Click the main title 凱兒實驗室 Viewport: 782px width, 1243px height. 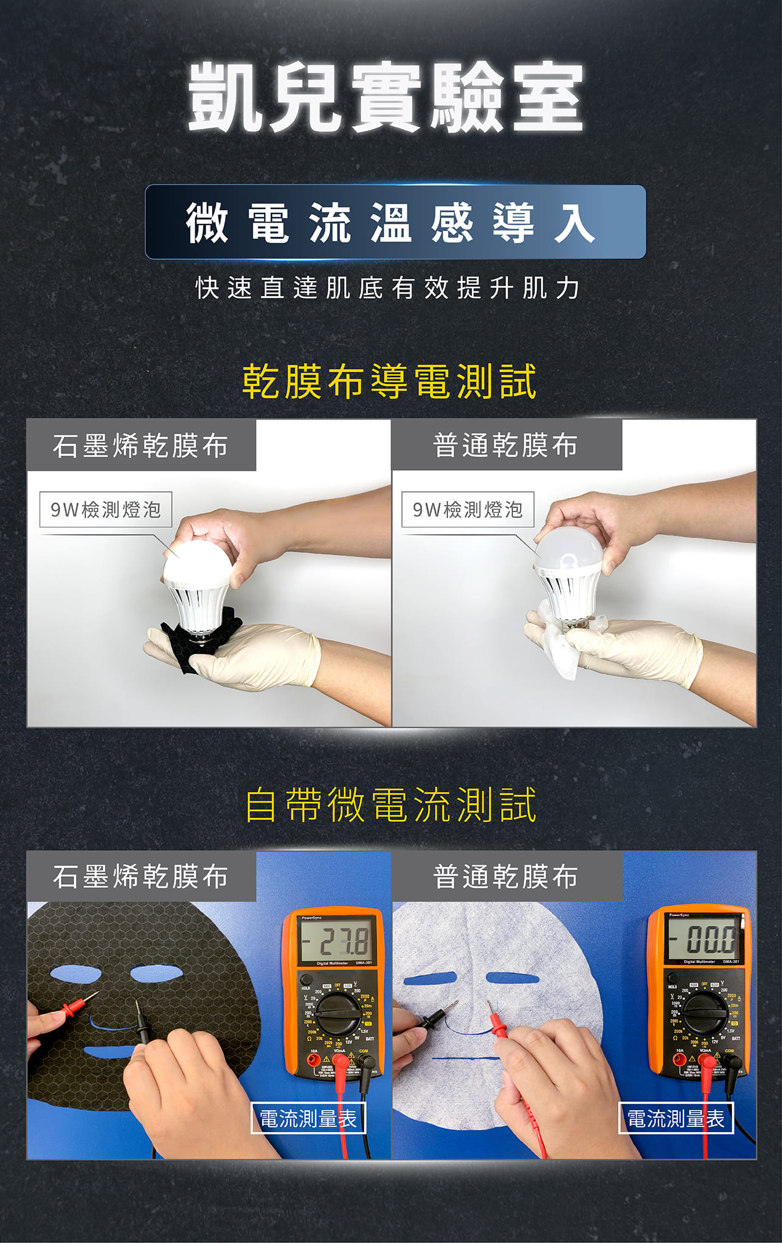(386, 97)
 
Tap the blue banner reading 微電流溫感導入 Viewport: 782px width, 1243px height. (395, 222)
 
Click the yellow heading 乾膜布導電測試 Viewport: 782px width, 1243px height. (389, 382)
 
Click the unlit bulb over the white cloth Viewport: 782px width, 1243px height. (570, 569)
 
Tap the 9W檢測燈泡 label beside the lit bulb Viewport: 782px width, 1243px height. (106, 510)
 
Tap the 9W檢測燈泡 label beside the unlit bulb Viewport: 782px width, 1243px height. (468, 510)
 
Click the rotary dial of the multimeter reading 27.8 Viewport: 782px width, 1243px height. (336, 1014)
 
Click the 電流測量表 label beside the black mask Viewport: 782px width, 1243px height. (308, 1118)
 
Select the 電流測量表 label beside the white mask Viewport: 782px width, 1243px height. (676, 1118)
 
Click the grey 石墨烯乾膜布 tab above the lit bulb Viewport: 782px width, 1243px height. (141, 446)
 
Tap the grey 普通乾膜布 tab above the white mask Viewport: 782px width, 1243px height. (506, 876)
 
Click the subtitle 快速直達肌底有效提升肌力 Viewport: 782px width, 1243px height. (388, 288)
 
